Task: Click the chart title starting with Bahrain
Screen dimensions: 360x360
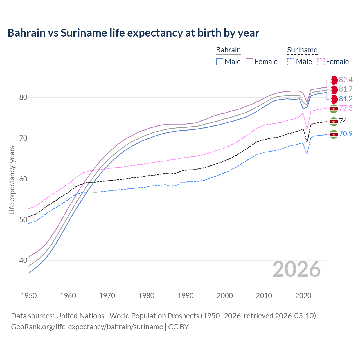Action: tap(133, 33)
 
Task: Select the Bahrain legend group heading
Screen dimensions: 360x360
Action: tap(228, 50)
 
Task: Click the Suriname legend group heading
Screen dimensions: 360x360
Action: tap(302, 50)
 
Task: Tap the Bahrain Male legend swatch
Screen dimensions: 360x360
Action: tap(220, 62)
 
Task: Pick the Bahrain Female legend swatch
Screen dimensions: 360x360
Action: tap(249, 62)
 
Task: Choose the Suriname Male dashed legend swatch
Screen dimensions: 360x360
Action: tap(291, 62)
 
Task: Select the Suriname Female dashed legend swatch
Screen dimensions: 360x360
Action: tap(321, 62)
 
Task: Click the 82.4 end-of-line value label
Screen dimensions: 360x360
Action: tap(346, 80)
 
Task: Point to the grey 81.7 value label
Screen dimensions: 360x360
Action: tap(346, 89)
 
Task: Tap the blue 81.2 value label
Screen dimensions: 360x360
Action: tap(346, 99)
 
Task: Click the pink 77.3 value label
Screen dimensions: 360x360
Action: tap(346, 108)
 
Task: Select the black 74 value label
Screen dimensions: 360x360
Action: tap(343, 121)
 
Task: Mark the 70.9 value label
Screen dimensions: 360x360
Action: tap(346, 134)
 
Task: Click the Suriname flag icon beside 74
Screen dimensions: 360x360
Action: tap(334, 121)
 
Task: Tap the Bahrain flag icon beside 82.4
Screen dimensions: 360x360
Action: tap(334, 80)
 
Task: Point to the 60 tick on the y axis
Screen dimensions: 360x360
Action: tap(23, 179)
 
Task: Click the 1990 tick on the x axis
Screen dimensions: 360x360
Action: tap(186, 296)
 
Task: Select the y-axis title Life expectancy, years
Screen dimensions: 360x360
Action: tap(12, 180)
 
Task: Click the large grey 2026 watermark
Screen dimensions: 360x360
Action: tap(297, 269)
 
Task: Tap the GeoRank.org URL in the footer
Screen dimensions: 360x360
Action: tap(87, 327)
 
